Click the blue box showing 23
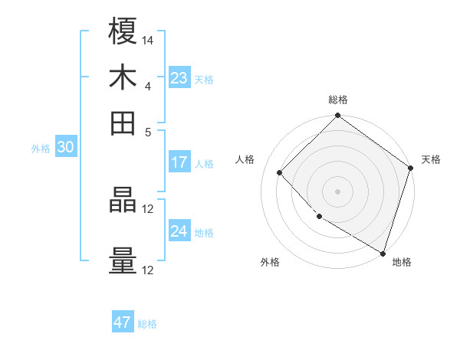179,78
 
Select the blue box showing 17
179,162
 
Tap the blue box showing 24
179,231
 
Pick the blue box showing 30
65,148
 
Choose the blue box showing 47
123,322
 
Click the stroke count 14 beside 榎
148,39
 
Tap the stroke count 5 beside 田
148,131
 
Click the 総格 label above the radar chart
338,100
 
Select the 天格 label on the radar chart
431,159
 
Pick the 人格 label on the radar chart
245,159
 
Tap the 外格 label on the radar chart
270,262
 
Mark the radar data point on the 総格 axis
338,116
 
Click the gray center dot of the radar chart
338,191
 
